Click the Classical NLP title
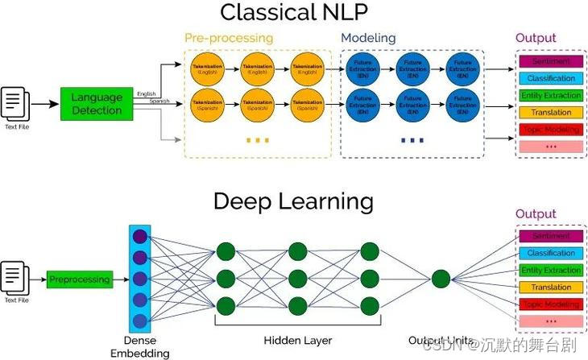[293, 13]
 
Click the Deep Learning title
[293, 201]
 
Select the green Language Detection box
[97, 104]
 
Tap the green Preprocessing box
[79, 279]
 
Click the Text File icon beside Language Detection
[16, 105]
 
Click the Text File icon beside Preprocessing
[16, 279]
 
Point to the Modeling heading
[368, 38]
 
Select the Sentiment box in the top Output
[550, 61]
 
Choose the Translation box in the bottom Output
[550, 288]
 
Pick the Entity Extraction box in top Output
[550, 96]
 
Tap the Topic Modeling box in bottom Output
[550, 304]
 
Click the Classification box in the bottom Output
[550, 253]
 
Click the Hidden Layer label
[297, 340]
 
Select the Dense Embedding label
[140, 346]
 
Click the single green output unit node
[440, 279]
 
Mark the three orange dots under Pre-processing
[257, 140]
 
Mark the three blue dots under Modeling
[412, 140]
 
